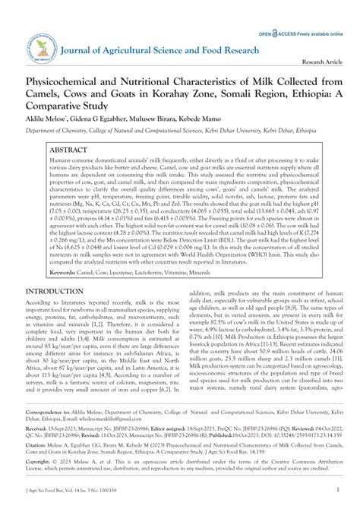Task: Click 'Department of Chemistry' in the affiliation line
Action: pos(59,131)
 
